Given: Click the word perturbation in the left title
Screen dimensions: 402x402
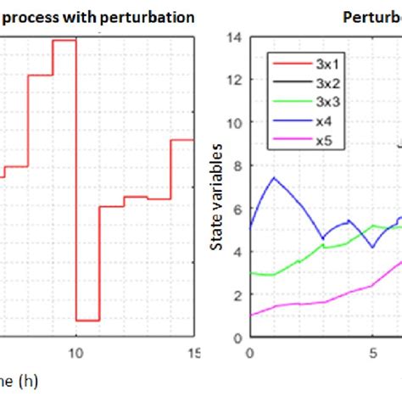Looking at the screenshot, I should point(146,16).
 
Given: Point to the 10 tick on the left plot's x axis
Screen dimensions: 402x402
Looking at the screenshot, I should point(76,353).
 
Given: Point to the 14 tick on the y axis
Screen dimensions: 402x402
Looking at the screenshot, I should point(237,37).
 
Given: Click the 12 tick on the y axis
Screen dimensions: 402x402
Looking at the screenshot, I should point(237,80).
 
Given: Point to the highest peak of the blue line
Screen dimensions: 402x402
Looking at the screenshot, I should point(274,177).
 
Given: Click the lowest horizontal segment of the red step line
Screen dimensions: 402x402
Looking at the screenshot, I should point(88,321).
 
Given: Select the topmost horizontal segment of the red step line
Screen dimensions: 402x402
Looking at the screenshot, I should point(64,39).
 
